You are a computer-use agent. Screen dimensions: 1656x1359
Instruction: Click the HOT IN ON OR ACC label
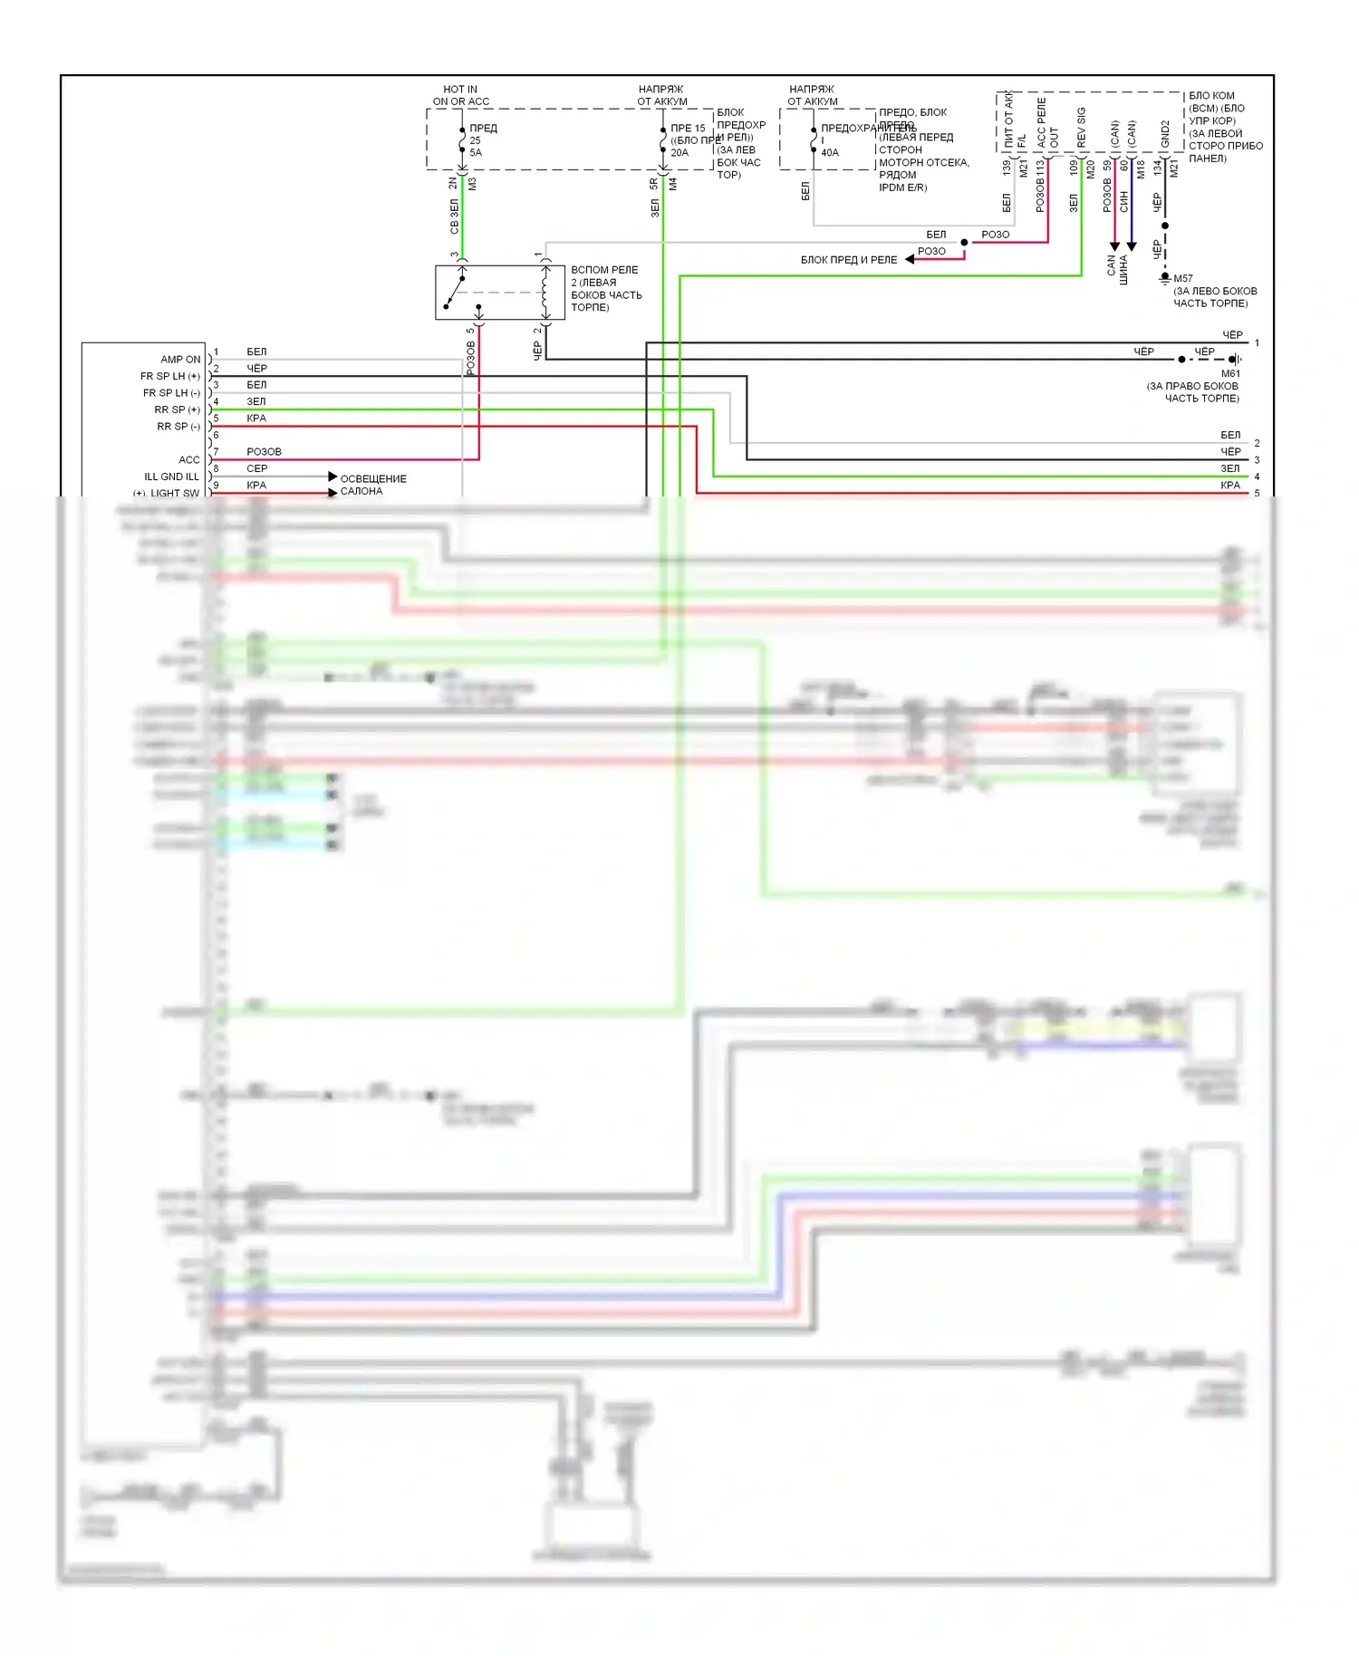point(460,95)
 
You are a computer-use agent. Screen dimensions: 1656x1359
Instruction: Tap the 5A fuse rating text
point(476,153)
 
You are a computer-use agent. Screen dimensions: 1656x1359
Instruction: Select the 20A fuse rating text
point(679,153)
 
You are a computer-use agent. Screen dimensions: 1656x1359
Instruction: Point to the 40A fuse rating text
point(830,153)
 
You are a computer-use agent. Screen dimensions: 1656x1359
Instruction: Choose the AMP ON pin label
point(180,360)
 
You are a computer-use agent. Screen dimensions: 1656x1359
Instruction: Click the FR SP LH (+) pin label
point(170,376)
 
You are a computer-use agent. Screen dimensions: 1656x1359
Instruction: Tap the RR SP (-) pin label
point(178,427)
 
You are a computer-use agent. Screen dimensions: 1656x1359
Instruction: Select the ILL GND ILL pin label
point(171,477)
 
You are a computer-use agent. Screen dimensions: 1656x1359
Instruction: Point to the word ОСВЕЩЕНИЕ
point(373,478)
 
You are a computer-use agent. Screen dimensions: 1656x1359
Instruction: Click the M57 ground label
point(1183,278)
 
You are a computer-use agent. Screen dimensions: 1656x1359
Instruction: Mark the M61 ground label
point(1230,373)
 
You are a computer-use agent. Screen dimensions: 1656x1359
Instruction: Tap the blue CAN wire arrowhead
point(1132,246)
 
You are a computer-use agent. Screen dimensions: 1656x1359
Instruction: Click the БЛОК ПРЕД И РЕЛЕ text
point(848,260)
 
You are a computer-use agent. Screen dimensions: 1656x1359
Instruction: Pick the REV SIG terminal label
point(1082,127)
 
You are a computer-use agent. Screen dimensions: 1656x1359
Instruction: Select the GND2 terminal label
point(1165,133)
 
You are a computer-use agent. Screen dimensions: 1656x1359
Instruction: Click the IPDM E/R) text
point(902,188)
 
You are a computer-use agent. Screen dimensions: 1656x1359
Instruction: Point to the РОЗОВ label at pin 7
point(264,451)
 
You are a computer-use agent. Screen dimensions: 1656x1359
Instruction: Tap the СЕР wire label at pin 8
point(257,468)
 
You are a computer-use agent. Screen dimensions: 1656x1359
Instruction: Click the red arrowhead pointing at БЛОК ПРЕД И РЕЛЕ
point(910,260)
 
